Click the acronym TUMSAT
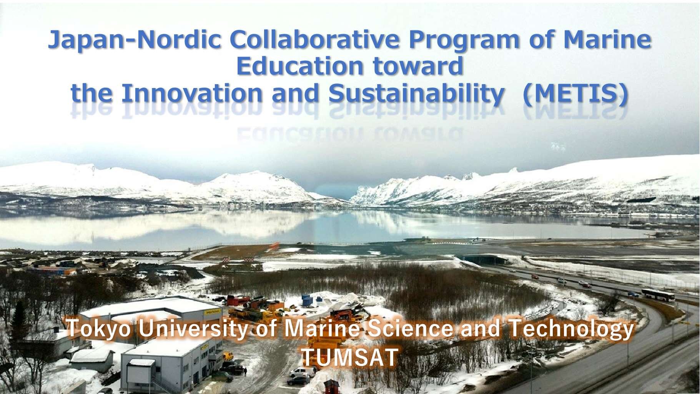(x=349, y=357)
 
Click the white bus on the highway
(x=658, y=295)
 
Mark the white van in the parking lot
(x=302, y=372)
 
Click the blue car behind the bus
(x=632, y=294)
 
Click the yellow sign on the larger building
(x=213, y=312)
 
